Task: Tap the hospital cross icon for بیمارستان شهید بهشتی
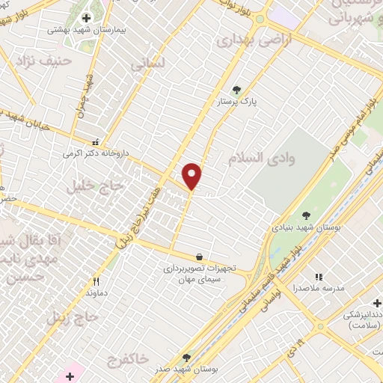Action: tap(87, 17)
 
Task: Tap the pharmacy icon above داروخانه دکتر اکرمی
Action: tap(95, 141)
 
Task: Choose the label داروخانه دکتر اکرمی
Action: tap(96, 153)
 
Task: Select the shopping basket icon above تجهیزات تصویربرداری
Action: tap(199, 256)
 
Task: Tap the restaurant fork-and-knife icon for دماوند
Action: tap(96, 282)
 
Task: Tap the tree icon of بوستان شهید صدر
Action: tap(186, 358)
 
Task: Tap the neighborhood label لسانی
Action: tap(147, 66)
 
